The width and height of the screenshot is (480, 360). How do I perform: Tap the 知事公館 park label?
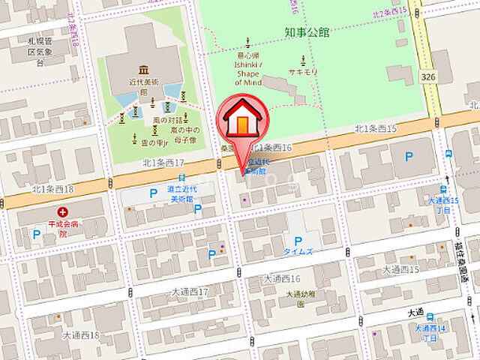(x=307, y=32)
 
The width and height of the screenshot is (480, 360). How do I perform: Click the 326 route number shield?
(x=429, y=77)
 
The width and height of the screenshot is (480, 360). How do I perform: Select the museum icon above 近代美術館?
(x=143, y=70)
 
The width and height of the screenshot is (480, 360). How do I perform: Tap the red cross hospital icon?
(x=62, y=213)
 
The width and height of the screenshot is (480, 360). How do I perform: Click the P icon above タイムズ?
(x=298, y=241)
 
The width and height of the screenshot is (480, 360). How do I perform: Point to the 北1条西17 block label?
(x=163, y=162)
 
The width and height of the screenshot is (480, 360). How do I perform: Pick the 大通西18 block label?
(x=81, y=334)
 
